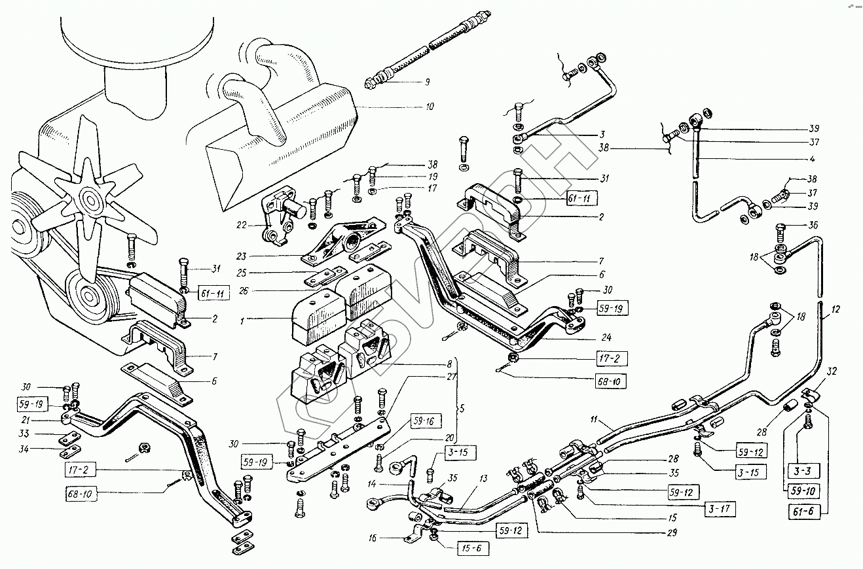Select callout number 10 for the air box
click(x=429, y=106)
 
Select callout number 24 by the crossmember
click(x=608, y=338)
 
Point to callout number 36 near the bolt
click(x=814, y=225)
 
